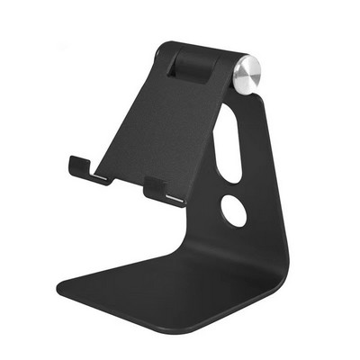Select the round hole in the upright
pos(234,211)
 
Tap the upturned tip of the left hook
pos(71,163)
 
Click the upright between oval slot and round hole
pos(232,185)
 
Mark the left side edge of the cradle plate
pos(121,108)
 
